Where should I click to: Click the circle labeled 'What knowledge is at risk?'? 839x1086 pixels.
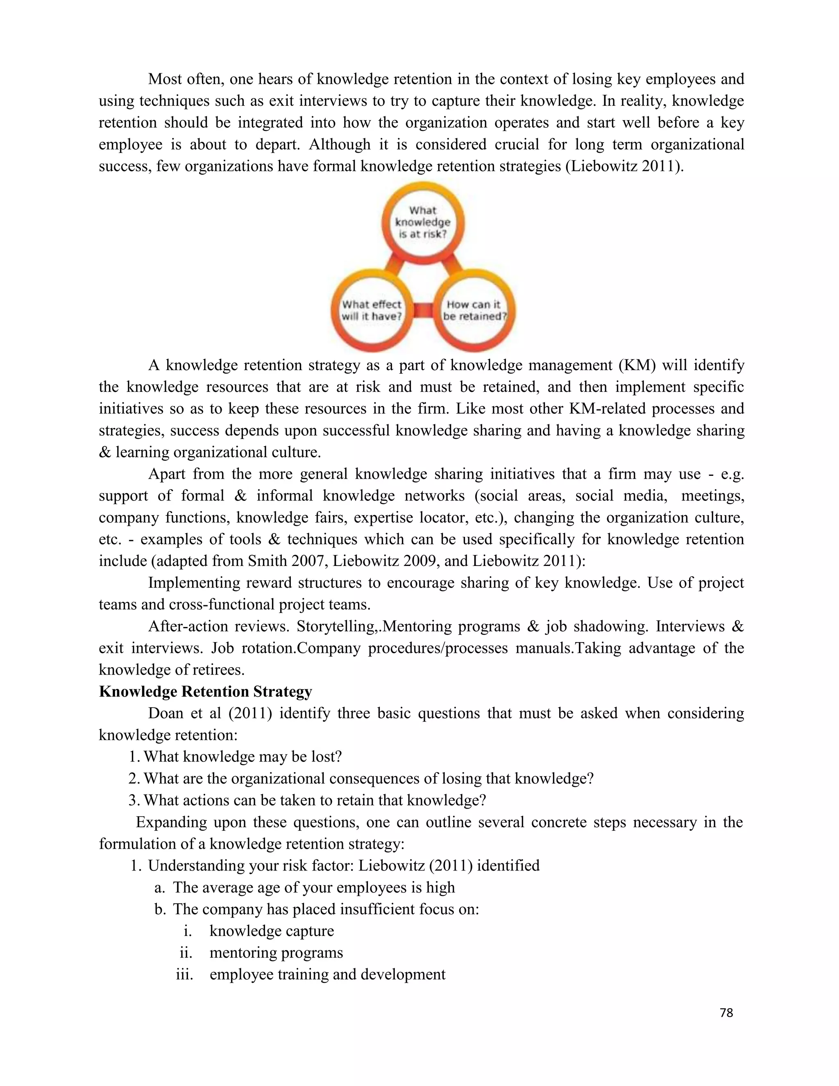[422, 222]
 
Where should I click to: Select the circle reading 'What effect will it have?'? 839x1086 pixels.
[371, 311]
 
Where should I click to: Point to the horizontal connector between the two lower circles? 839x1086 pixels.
[423, 311]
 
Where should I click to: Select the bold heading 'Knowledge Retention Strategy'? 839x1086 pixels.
[205, 692]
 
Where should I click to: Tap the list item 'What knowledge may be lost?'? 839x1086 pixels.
[242, 757]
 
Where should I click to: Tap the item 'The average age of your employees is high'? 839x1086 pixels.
[314, 888]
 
